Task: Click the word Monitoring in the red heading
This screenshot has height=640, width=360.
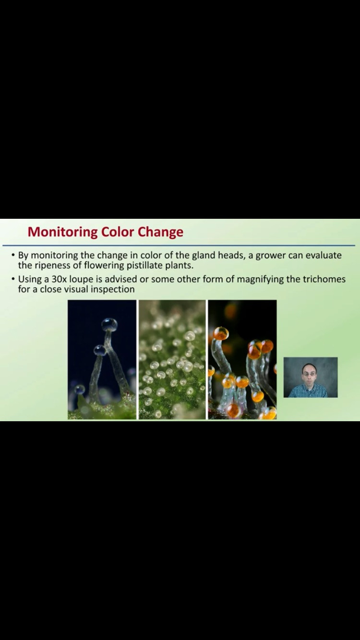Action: coord(62,232)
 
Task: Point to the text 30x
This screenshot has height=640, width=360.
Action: coord(59,279)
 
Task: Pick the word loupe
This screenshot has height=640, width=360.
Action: coord(81,279)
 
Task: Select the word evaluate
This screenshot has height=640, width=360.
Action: coord(324,255)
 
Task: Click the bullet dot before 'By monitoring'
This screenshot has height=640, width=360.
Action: coord(13,254)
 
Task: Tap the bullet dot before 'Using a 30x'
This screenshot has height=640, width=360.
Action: coord(13,278)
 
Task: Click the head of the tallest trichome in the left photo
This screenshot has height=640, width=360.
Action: coord(109,325)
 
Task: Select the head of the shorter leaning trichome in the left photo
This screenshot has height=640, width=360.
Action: coord(100,350)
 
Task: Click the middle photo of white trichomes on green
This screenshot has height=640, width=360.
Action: coord(172,359)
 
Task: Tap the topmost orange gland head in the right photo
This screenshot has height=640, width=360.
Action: coord(221,333)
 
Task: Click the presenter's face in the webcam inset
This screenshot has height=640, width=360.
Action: coord(309,373)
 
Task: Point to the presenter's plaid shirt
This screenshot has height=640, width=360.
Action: coord(308,391)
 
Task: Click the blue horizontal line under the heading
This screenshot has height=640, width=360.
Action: coord(179,245)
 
